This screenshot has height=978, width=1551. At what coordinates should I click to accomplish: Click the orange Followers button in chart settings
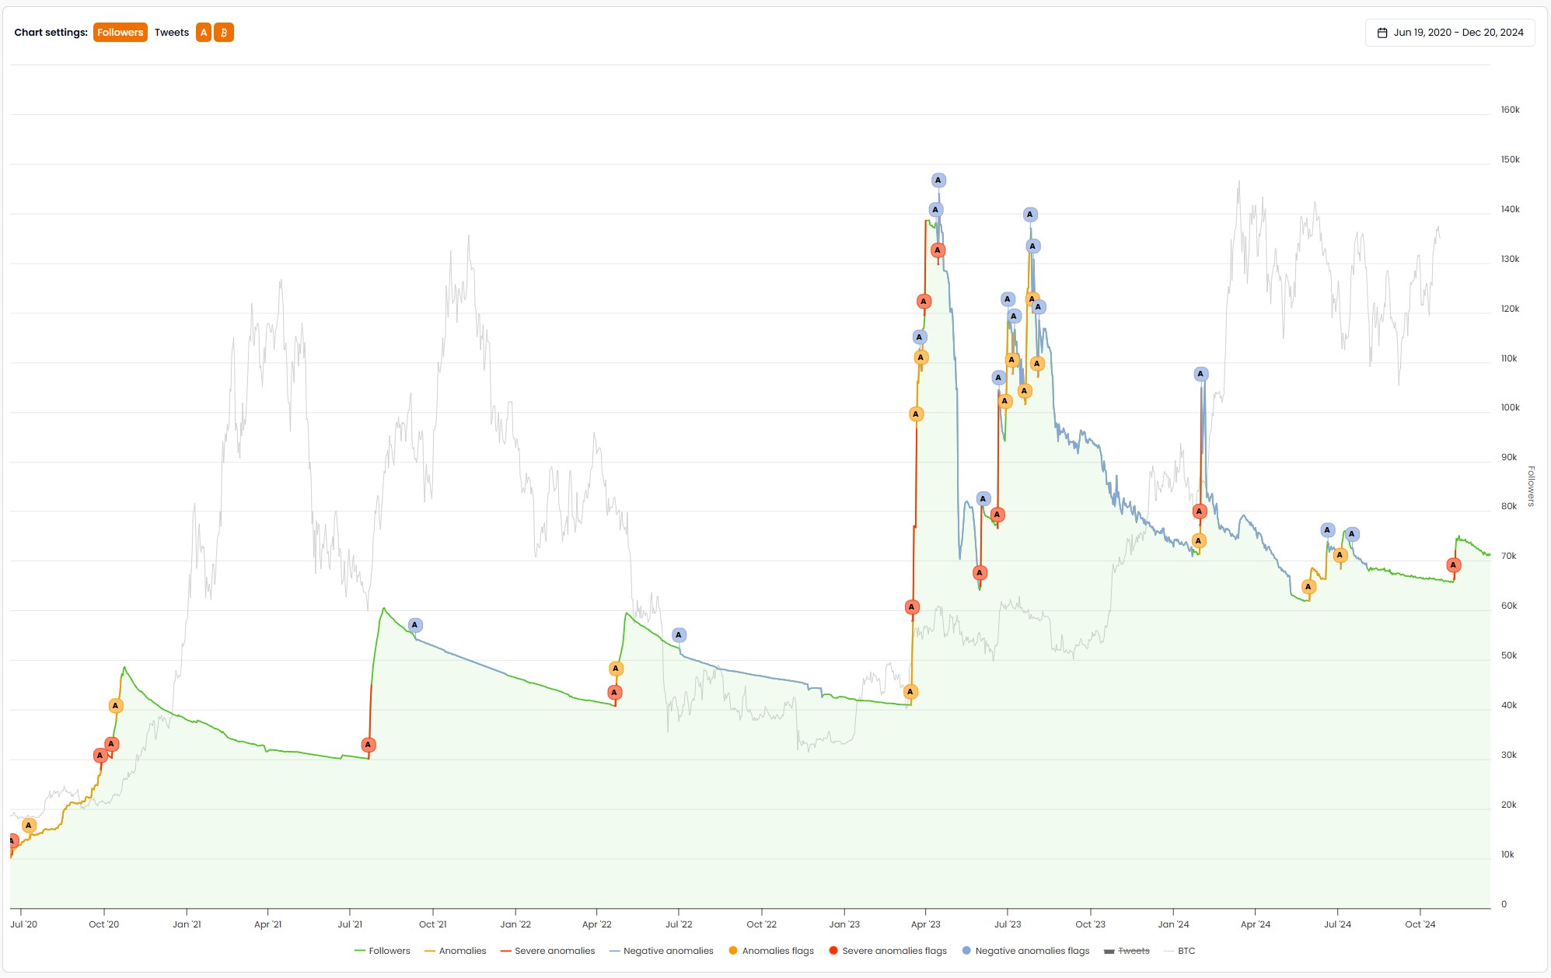[x=120, y=33]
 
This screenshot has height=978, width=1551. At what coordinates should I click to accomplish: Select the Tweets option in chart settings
[x=171, y=33]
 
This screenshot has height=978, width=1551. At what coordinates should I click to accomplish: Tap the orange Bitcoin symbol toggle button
[x=224, y=33]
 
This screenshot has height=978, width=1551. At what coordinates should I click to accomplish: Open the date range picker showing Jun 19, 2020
[x=1450, y=33]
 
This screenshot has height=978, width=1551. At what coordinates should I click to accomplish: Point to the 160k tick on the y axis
[x=1510, y=110]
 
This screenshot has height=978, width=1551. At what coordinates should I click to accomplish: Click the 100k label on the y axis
[x=1510, y=408]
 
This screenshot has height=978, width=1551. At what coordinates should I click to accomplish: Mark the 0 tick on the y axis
[x=1504, y=904]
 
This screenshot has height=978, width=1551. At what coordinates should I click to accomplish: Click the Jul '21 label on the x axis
[x=350, y=924]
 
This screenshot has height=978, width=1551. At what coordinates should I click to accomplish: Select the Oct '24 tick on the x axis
[x=1420, y=924]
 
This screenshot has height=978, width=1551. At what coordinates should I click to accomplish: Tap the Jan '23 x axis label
[x=844, y=924]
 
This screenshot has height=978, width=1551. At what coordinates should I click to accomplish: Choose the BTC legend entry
[x=1186, y=951]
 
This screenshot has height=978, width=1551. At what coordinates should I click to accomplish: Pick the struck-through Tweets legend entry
[x=1133, y=951]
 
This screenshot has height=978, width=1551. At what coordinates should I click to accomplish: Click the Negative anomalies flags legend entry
[x=1025, y=951]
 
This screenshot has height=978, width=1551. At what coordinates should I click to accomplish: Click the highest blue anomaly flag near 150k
[x=938, y=180]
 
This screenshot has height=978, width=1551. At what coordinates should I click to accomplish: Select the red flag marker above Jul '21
[x=369, y=745]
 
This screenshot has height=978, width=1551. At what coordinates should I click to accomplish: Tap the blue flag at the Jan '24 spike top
[x=1201, y=374]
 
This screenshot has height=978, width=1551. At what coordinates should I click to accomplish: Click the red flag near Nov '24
[x=1453, y=565]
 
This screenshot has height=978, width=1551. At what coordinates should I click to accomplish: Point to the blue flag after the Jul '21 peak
[x=415, y=625]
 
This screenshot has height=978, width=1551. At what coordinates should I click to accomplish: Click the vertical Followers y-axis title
[x=1531, y=487]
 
